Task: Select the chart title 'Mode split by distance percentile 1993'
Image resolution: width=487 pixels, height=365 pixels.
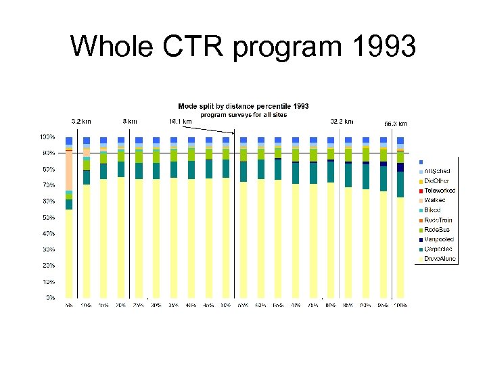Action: click(x=243, y=106)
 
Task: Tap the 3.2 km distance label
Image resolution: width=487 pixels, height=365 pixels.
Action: click(x=81, y=122)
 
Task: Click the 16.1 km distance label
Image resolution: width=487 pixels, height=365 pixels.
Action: click(x=180, y=122)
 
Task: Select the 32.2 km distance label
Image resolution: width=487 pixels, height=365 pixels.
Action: click(x=341, y=122)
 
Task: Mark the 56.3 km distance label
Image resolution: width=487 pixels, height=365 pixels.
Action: click(x=396, y=124)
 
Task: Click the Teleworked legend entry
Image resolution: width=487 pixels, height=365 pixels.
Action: click(x=440, y=191)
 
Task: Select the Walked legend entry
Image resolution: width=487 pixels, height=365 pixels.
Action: click(x=436, y=201)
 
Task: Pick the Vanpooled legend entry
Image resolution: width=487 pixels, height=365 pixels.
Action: click(x=439, y=239)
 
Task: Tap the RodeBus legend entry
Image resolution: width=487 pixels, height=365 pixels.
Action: click(x=438, y=230)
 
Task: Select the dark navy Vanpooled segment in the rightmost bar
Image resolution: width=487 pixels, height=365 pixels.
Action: click(x=400, y=167)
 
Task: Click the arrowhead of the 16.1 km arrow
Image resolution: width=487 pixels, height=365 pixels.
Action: click(x=233, y=134)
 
